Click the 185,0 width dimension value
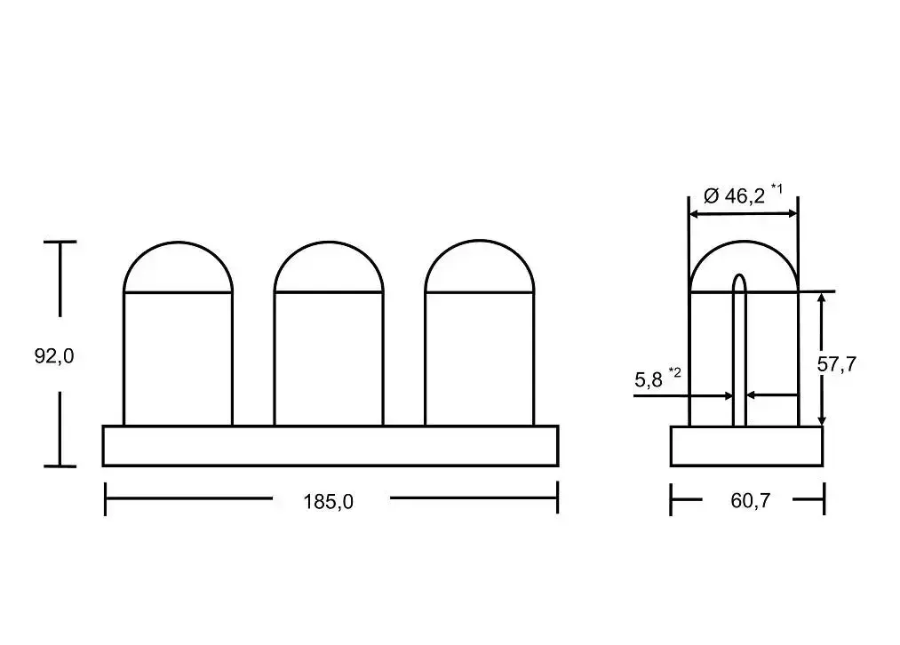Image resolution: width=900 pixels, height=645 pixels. [x=328, y=502]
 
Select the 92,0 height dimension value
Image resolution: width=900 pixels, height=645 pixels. [x=54, y=356]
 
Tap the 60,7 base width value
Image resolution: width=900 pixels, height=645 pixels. [x=750, y=501]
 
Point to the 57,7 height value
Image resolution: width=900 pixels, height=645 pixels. [x=836, y=364]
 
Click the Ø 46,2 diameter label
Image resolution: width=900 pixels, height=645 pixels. [x=734, y=196]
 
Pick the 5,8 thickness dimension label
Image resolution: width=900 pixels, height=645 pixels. [x=648, y=379]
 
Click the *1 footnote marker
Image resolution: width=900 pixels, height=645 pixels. [x=776, y=187]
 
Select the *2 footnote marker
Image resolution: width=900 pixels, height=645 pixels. [x=674, y=372]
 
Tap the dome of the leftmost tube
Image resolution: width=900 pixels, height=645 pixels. [x=178, y=243]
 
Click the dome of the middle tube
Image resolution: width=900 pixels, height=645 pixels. [x=329, y=243]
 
